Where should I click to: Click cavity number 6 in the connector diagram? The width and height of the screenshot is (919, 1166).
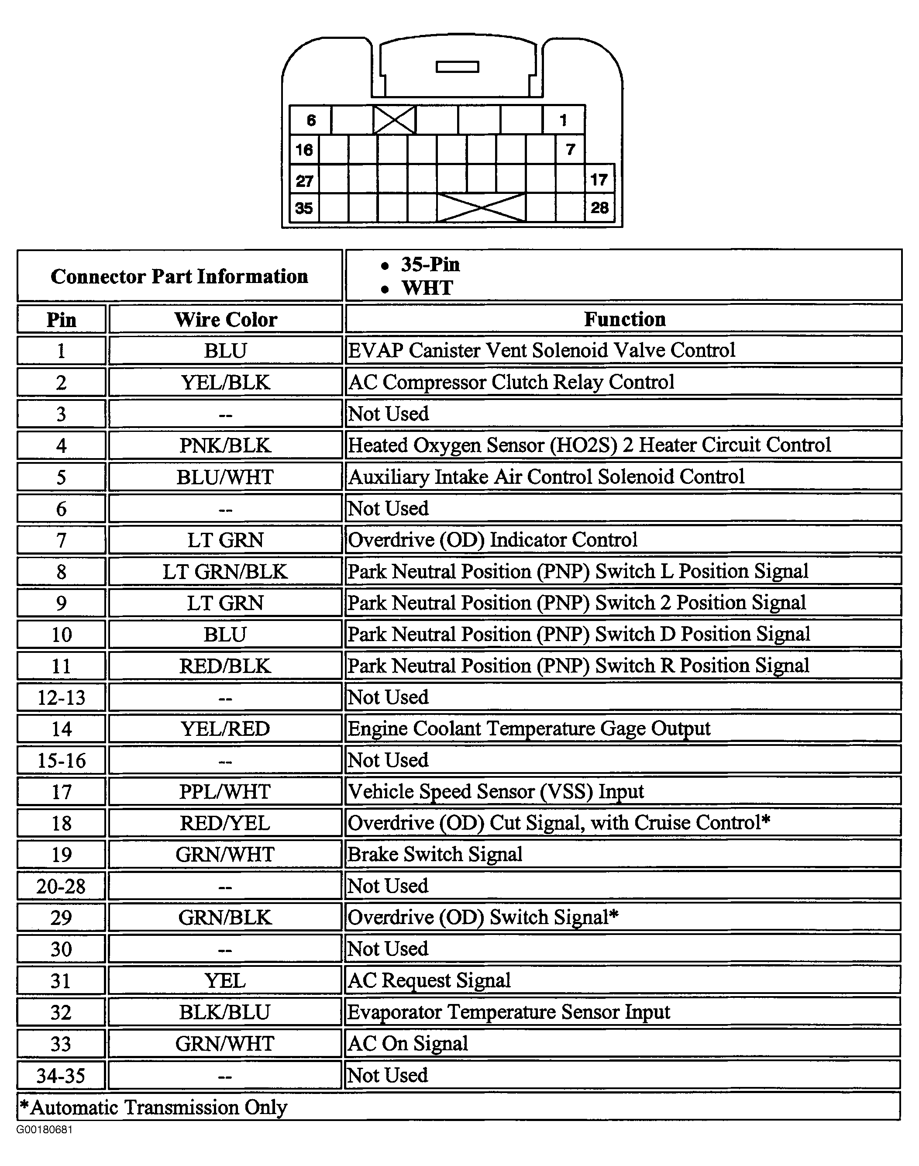(x=310, y=120)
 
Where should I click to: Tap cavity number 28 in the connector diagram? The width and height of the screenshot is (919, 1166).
(x=599, y=208)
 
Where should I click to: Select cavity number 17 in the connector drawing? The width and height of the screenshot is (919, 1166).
(x=599, y=179)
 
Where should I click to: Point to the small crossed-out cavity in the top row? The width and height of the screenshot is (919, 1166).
(x=394, y=120)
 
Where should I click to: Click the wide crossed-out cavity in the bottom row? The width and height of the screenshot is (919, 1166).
(x=481, y=208)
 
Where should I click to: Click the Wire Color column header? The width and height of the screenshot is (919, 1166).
(x=225, y=320)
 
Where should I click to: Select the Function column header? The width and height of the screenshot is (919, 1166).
(x=624, y=319)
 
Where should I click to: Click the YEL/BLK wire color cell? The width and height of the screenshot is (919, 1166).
(x=225, y=383)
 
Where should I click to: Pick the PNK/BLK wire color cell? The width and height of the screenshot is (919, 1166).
(x=225, y=445)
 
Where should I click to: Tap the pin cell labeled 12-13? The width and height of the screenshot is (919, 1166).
(x=61, y=698)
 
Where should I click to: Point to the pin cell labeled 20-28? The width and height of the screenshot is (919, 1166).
(x=61, y=886)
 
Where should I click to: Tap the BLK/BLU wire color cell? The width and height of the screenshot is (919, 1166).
(x=225, y=1013)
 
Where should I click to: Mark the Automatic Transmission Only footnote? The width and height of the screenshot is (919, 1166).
(x=154, y=1107)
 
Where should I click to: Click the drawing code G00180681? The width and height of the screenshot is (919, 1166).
(x=44, y=1129)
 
